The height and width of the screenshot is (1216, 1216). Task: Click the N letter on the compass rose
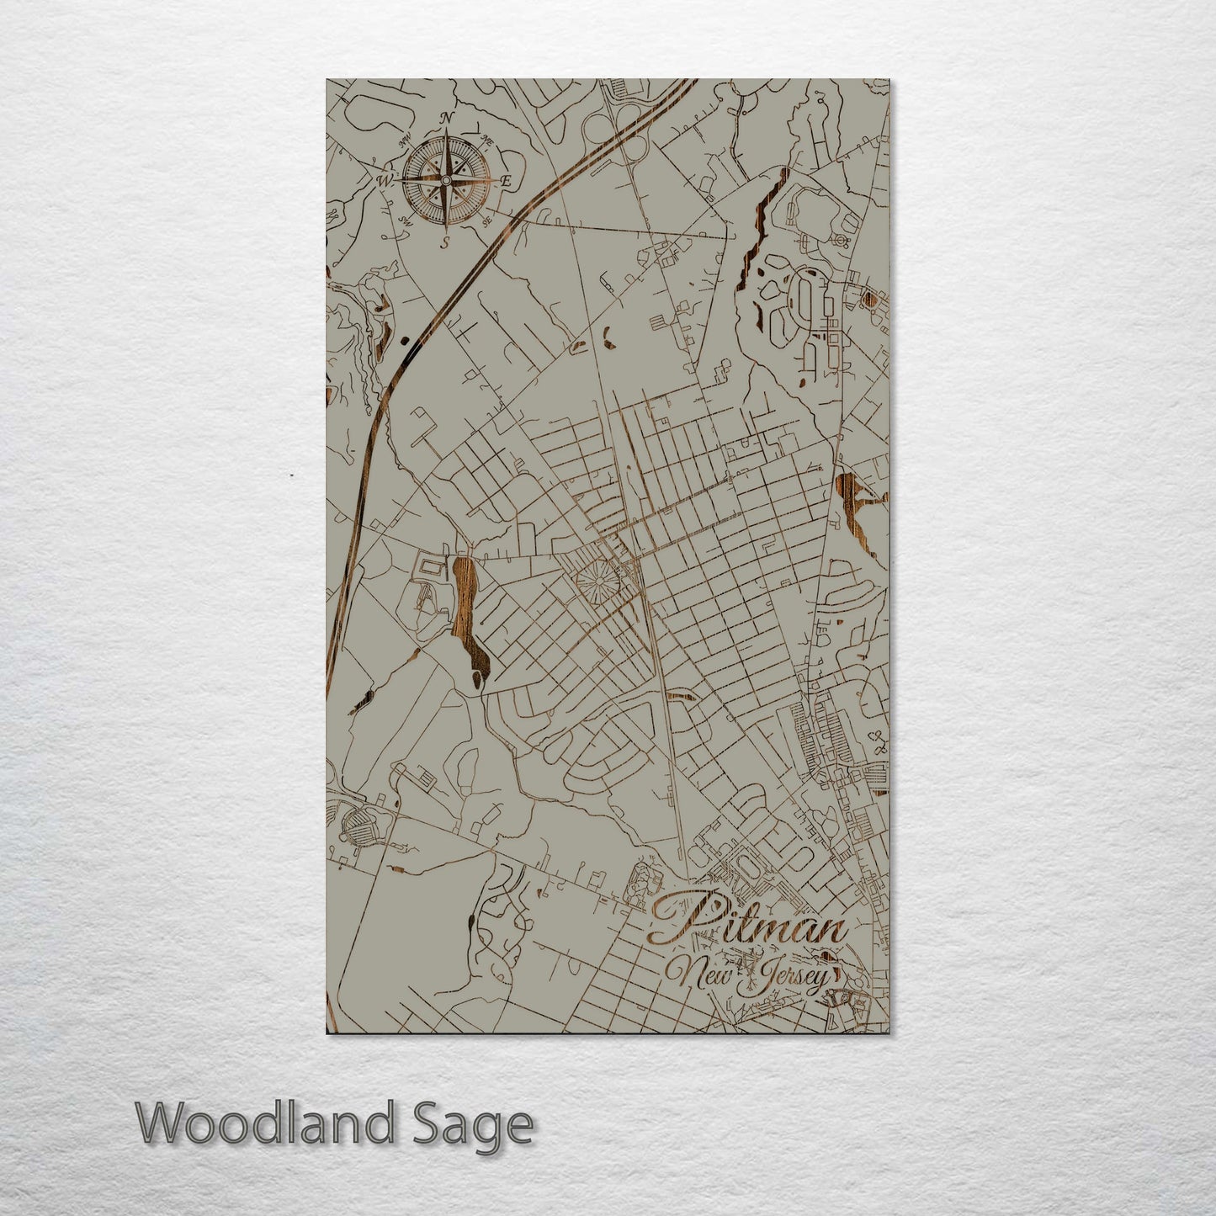pyautogui.click(x=447, y=117)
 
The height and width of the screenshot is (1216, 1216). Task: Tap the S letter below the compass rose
pyautogui.click(x=446, y=242)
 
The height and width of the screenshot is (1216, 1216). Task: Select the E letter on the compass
pyautogui.click(x=507, y=180)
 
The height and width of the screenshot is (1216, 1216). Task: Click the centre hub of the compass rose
pyautogui.click(x=445, y=179)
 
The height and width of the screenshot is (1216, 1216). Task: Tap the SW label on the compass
pyautogui.click(x=405, y=220)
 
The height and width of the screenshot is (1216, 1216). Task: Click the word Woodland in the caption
pyautogui.click(x=266, y=1124)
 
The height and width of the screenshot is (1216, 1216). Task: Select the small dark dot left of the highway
pyautogui.click(x=406, y=340)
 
